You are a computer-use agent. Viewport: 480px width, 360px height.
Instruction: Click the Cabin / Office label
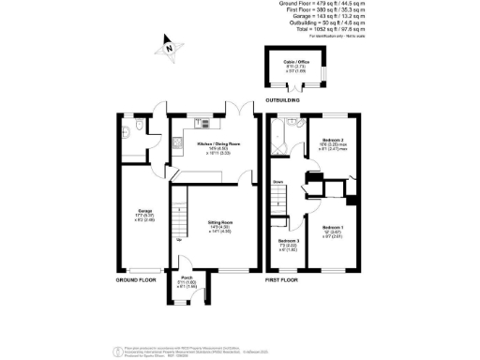(x=295, y=64)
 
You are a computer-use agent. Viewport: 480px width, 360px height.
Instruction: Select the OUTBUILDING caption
(x=282, y=99)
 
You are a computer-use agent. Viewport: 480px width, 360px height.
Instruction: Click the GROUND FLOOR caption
(x=135, y=280)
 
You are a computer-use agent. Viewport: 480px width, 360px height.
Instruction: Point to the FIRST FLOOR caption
(x=284, y=280)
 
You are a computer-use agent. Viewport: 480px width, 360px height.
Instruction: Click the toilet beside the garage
(x=138, y=127)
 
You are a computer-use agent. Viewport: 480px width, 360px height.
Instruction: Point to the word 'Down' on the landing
(x=277, y=182)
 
